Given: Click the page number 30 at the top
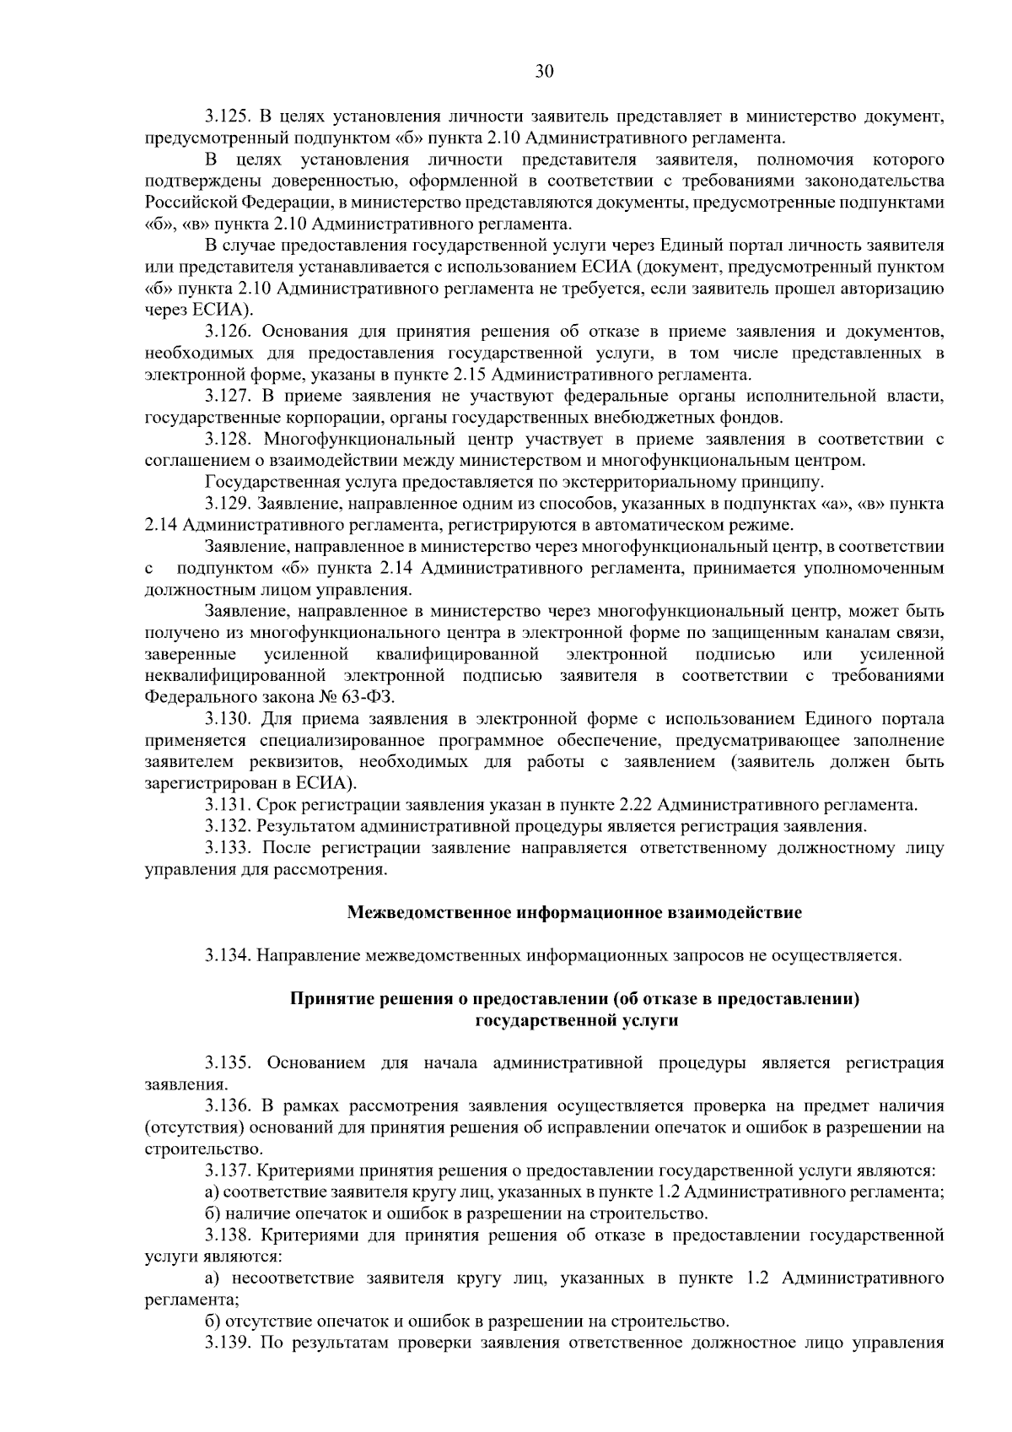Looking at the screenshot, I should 544,72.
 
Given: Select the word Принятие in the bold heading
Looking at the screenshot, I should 326,999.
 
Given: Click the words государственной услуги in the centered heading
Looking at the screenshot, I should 577,1021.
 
